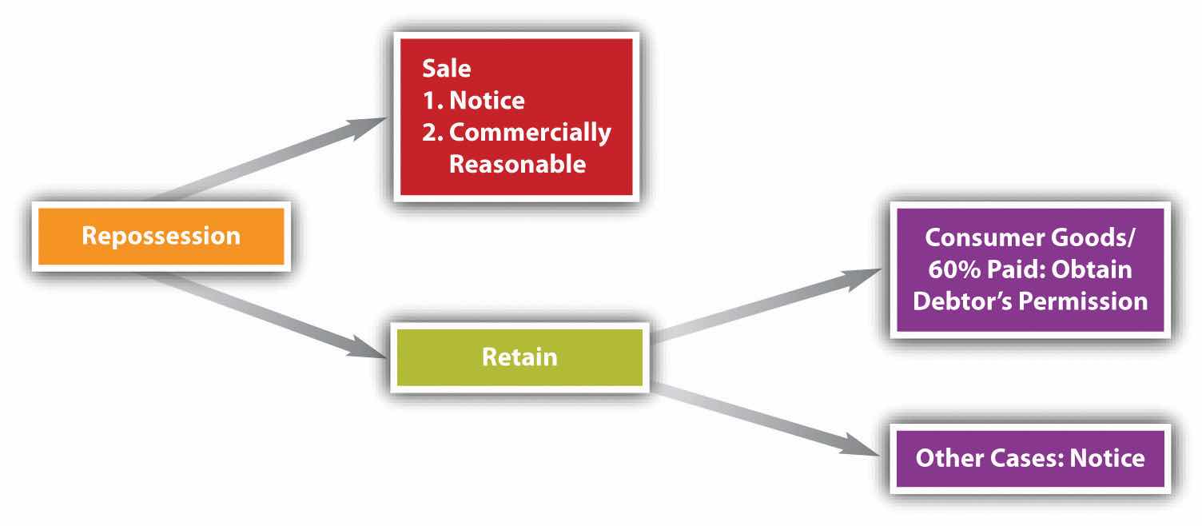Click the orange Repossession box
point(161,237)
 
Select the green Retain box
point(519,357)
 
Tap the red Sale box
point(515,117)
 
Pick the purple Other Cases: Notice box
point(1029,458)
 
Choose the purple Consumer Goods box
point(1029,269)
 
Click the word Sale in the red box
point(446,69)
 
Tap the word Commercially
point(530,132)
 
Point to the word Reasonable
point(517,164)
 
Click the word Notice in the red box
point(487,101)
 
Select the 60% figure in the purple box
point(954,269)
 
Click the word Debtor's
point(964,301)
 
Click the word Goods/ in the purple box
point(1088,237)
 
